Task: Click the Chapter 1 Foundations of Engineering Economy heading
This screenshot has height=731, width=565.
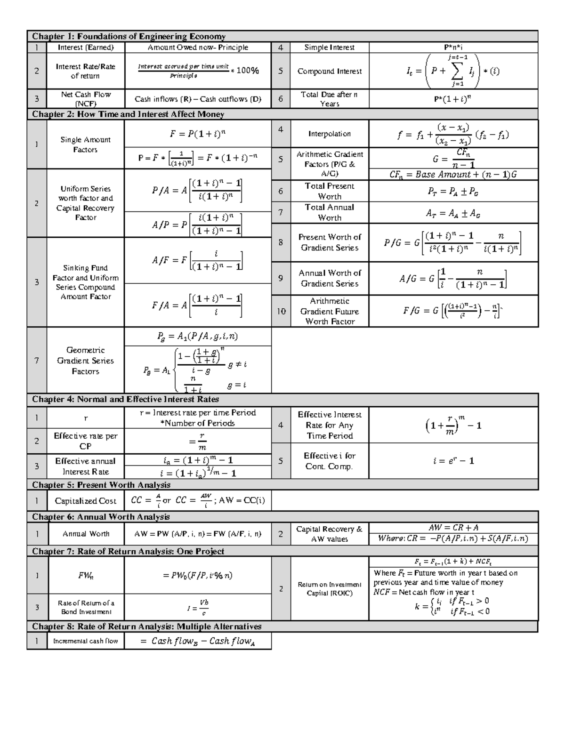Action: pos(129,36)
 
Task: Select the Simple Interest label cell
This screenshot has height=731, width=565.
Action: pos(329,47)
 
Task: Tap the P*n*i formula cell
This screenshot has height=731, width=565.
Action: pos(453,47)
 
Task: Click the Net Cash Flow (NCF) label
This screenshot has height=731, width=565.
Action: pos(85,99)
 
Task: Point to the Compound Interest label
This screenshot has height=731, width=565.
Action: pos(329,71)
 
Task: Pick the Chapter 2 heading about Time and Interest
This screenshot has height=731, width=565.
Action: pos(128,114)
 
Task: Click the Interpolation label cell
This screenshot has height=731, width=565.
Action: pos(329,134)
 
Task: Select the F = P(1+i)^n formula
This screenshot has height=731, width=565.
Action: pos(197,134)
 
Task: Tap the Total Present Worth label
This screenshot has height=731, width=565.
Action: pos(329,191)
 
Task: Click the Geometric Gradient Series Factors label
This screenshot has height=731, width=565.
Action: pos(85,361)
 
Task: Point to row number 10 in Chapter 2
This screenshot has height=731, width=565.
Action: pos(281,311)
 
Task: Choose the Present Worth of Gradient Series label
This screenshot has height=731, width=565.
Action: pos(329,242)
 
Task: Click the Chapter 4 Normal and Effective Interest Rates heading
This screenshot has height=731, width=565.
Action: pos(125,400)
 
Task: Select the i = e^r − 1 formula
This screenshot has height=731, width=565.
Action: pos(453,461)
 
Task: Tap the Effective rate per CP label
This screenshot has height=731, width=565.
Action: pos(85,441)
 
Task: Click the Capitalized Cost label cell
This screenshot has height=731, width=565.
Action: pos(85,501)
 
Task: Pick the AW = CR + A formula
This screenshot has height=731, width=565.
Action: pos(453,528)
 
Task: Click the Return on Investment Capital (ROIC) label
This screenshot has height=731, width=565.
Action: pos(329,588)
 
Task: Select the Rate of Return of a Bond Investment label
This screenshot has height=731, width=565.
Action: pos(86,607)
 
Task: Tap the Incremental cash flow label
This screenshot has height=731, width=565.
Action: pos(85,641)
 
